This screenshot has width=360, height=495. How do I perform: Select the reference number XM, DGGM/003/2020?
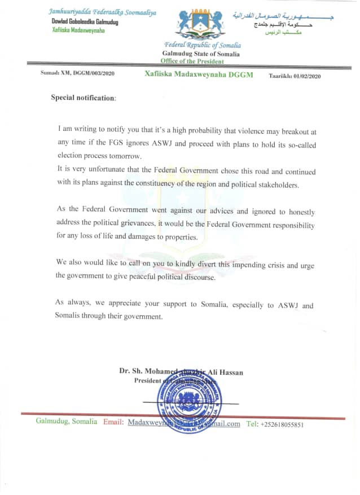[x=78, y=74]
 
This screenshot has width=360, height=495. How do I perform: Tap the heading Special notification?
[x=83, y=98]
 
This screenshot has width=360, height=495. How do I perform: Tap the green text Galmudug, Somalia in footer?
[x=66, y=422]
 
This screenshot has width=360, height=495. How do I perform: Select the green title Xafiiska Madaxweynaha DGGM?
[x=199, y=75]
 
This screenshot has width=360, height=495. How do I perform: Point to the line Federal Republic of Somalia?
[x=203, y=45]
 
